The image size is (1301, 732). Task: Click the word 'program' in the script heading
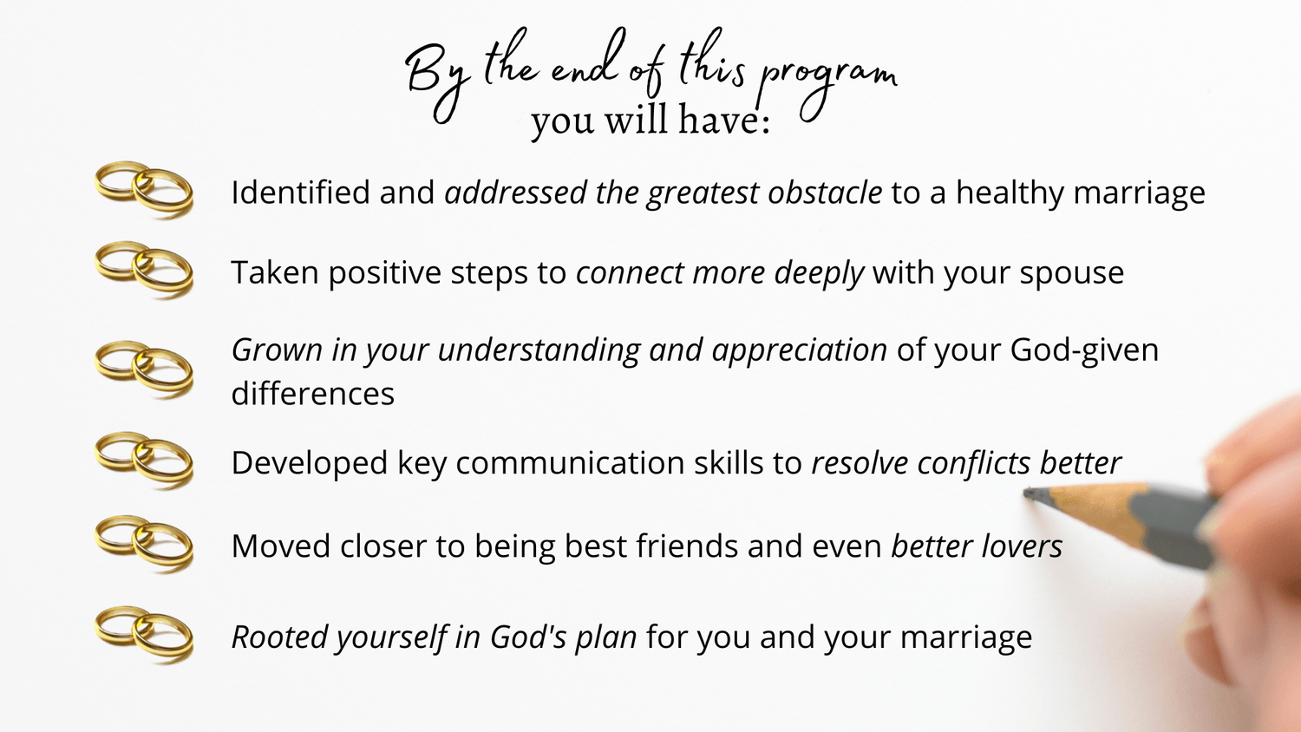click(x=827, y=87)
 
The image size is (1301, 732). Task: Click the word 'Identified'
click(x=300, y=192)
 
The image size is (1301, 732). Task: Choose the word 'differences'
click(x=312, y=393)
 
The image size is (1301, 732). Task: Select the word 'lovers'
click(x=1021, y=546)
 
